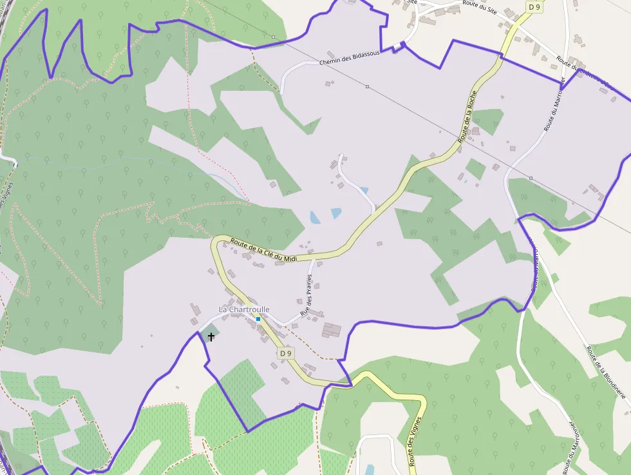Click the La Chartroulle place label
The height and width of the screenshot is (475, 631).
244,309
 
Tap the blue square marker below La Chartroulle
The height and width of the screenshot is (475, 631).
258,318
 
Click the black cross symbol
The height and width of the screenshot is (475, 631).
211,337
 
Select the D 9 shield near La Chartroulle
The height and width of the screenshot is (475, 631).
286,353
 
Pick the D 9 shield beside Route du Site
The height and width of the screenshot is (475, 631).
534,7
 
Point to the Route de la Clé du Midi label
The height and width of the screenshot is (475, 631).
264,250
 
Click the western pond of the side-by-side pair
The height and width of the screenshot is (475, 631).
314,217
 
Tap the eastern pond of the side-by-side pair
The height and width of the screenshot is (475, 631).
335,213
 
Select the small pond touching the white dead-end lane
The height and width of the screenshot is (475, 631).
364,191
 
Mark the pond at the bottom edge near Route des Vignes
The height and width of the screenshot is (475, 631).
369,469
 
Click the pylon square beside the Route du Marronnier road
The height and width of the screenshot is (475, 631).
531,178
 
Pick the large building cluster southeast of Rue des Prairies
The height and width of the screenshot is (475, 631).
332,331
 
